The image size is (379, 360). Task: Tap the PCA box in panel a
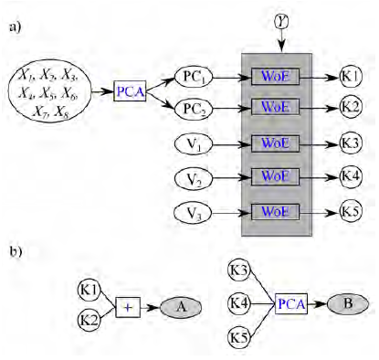click(130, 92)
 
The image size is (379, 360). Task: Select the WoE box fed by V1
click(275, 143)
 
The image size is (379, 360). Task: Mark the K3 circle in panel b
click(240, 270)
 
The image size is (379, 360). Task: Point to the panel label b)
click(16, 249)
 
